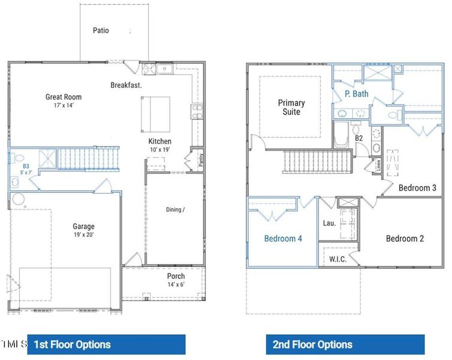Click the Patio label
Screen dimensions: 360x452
coord(101,30)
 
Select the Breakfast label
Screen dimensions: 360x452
coord(126,85)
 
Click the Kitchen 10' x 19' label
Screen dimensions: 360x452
coord(160,145)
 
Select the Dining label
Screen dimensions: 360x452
coord(176,209)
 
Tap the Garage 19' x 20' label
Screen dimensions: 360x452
coord(84,230)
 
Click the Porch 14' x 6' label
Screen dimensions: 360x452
coord(176,280)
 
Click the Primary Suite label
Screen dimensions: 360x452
coord(291,107)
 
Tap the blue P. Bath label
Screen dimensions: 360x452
coord(356,94)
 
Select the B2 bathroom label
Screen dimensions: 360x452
coord(359,139)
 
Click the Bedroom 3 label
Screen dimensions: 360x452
coord(417,188)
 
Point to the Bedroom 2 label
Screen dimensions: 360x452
coord(405,238)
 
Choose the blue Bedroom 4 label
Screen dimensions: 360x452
coord(283,238)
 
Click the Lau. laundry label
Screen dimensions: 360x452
coord(329,223)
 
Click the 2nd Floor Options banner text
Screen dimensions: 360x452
coord(312,344)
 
